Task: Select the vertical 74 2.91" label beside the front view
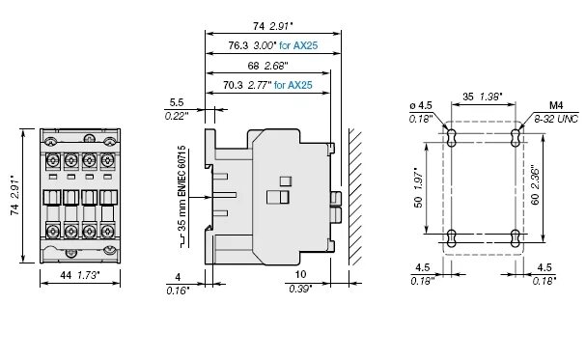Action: tap(14, 196)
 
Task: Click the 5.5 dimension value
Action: tap(176, 101)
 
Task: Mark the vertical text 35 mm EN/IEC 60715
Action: tap(182, 199)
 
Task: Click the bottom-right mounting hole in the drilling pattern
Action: tap(516, 236)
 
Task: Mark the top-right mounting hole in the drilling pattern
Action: tap(516, 133)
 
